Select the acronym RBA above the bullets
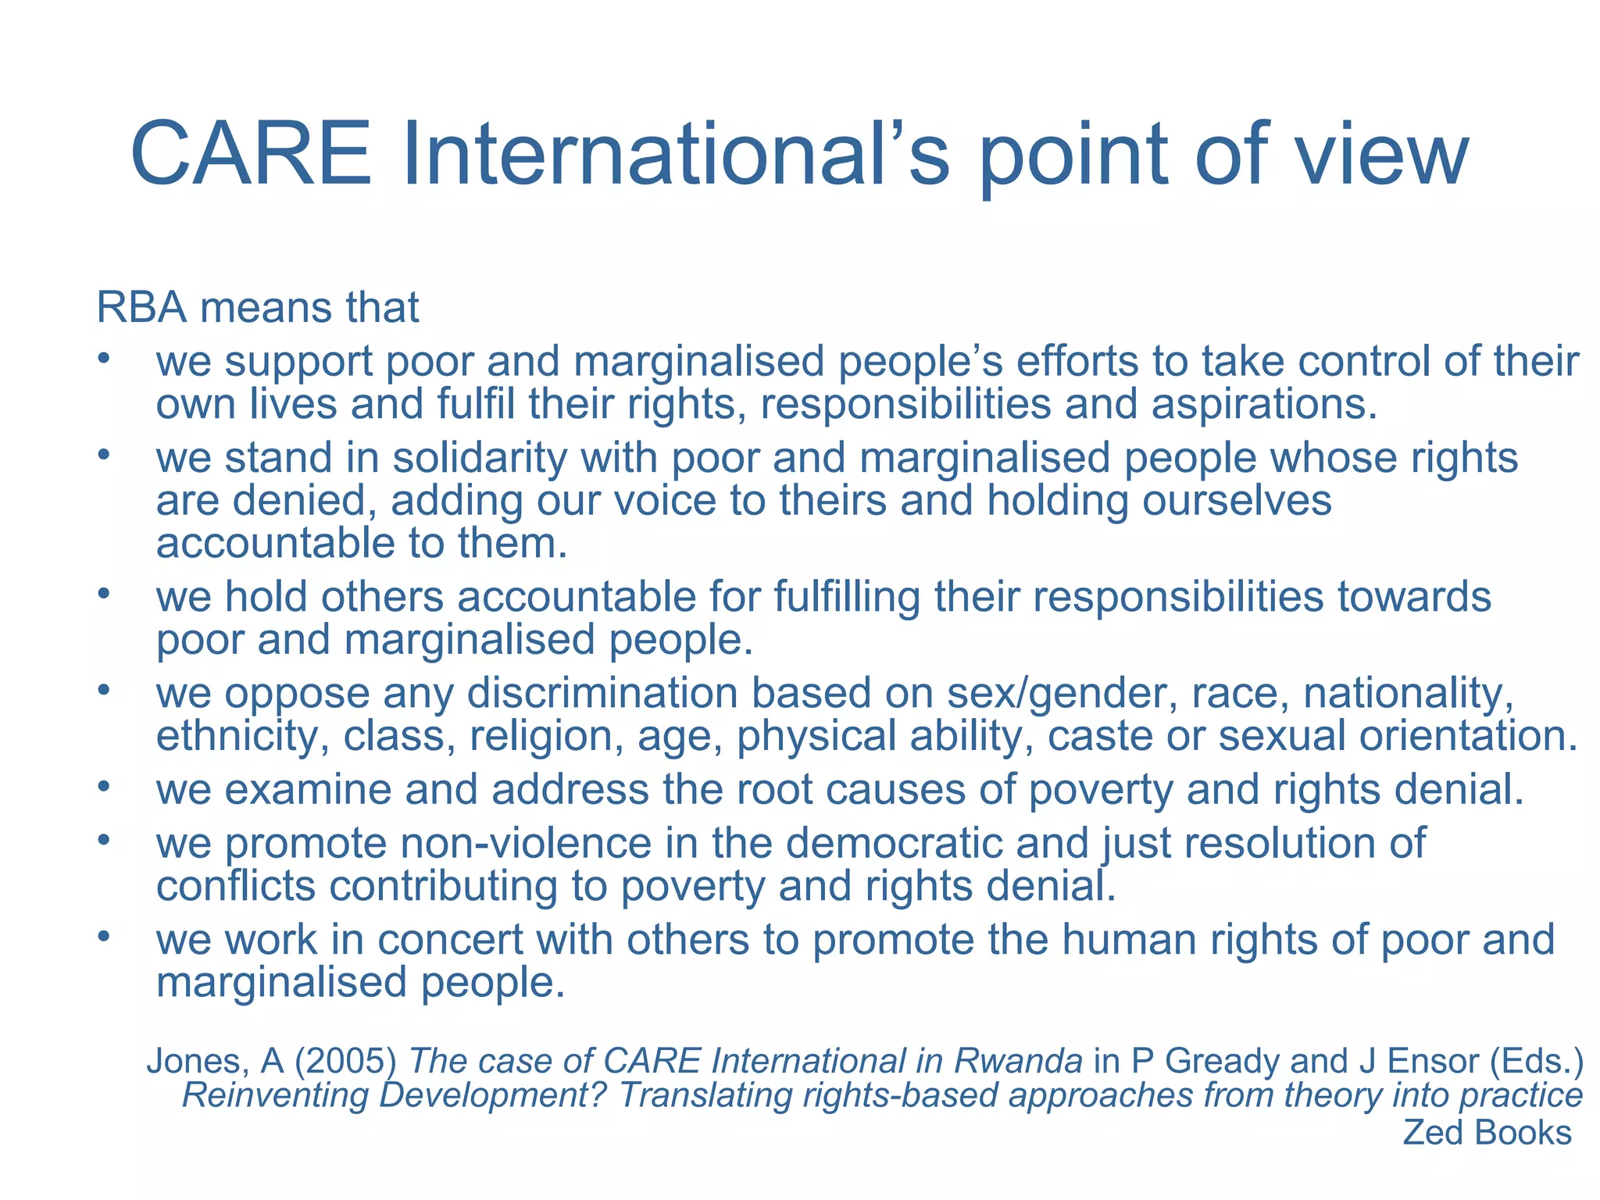coord(141,307)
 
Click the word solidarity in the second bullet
coord(480,458)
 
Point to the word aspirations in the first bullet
coord(1263,405)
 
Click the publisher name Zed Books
coord(1487,1133)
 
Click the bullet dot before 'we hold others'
coord(103,594)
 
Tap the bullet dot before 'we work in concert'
coord(103,936)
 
